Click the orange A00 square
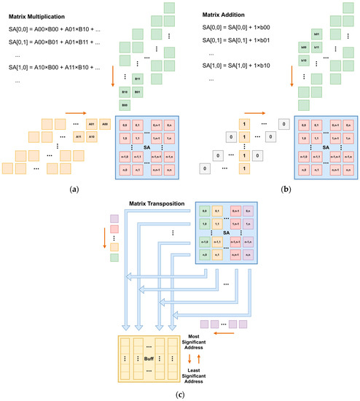[103, 124]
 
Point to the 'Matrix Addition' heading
[219, 15]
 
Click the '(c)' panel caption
[179, 394]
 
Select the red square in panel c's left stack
[113, 231]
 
